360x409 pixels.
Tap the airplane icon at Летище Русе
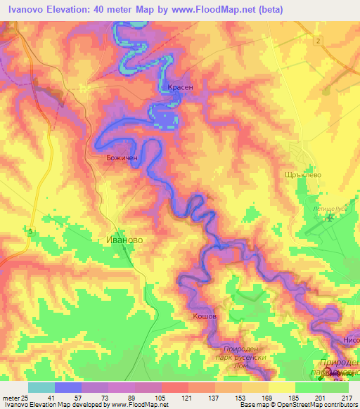(x=329, y=220)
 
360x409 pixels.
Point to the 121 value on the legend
(x=186, y=398)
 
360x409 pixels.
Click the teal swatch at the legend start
(x=41, y=387)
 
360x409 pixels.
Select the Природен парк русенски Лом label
(x=242, y=356)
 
